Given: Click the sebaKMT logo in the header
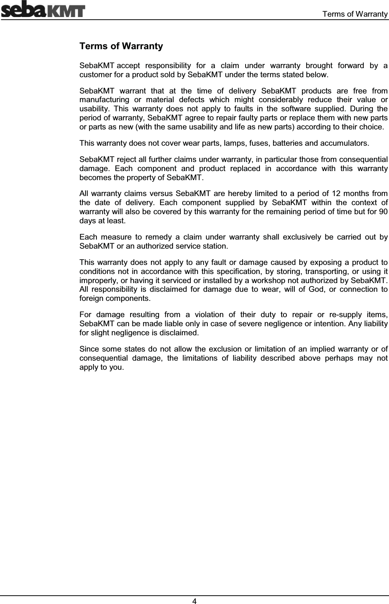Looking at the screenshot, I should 43,10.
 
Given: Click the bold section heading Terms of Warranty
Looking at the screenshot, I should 121,47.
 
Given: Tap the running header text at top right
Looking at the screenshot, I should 355,14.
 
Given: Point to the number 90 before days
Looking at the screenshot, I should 382,212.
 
